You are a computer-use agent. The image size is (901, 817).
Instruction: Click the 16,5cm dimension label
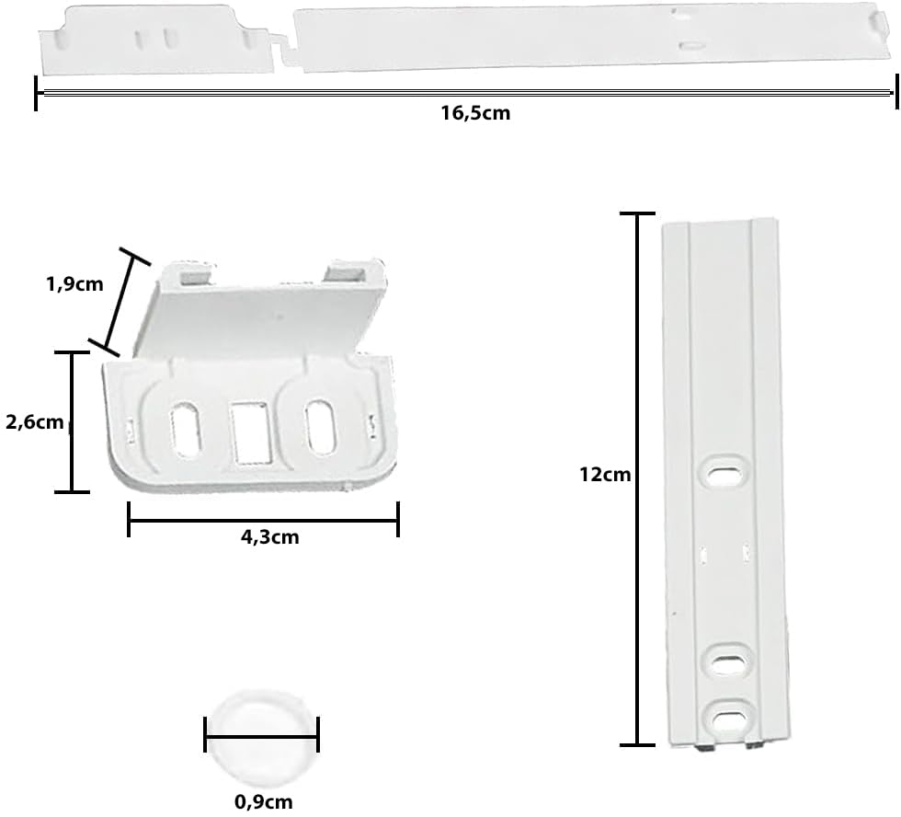[x=475, y=112]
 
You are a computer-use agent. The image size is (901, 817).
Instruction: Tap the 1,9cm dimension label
[x=74, y=284]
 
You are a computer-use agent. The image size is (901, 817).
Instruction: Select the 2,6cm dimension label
[x=34, y=422]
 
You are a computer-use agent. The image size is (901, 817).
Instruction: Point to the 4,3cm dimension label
[x=270, y=537]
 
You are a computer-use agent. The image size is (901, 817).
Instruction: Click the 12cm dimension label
[x=605, y=475]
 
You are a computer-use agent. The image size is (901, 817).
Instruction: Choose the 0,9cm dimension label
[x=264, y=801]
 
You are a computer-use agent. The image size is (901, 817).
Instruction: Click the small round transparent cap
[x=262, y=739]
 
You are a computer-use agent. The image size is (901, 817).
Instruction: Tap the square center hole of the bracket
[x=250, y=432]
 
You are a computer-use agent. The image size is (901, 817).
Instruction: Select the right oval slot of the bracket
[x=321, y=426]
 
